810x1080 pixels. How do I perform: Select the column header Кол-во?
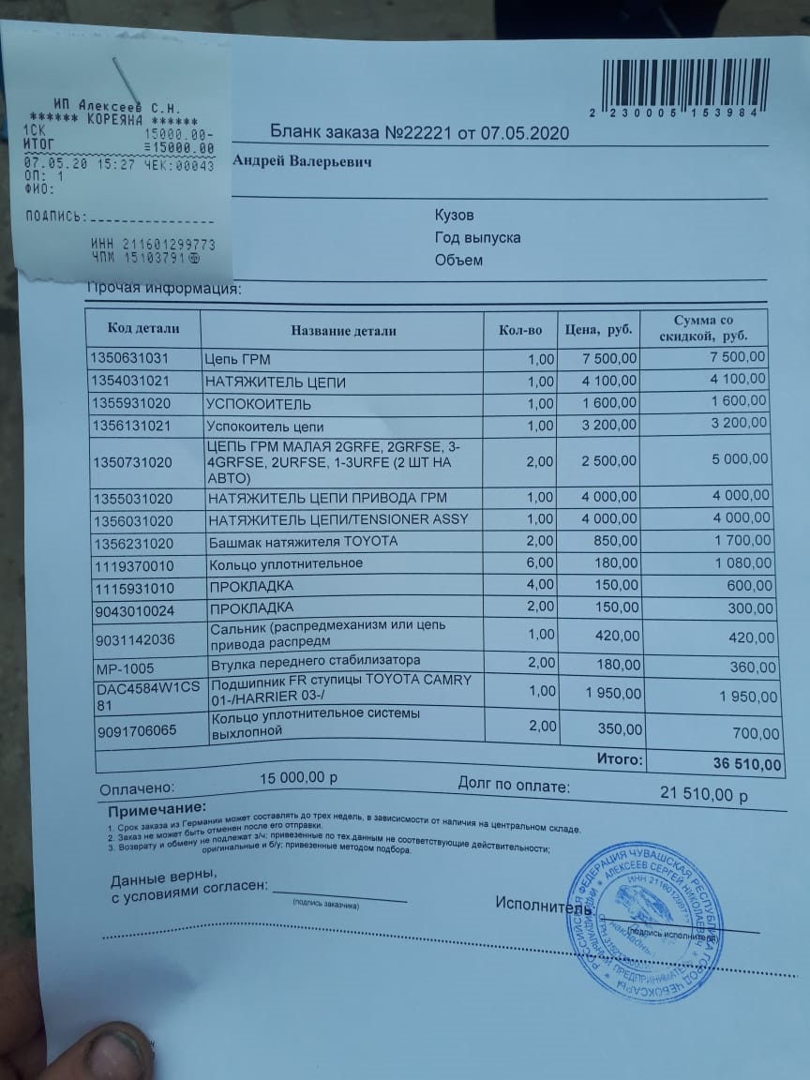[x=520, y=330]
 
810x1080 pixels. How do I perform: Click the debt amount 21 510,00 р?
[x=704, y=795]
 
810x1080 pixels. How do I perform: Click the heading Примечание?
[x=156, y=809]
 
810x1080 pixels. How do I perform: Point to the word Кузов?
[x=454, y=216]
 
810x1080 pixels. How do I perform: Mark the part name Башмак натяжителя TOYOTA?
[x=303, y=542]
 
